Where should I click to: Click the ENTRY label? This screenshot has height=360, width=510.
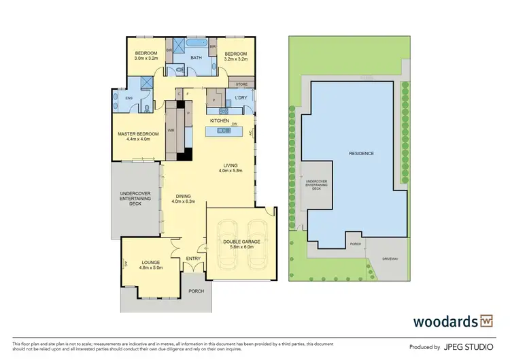(x=193, y=258)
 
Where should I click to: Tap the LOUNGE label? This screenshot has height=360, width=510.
(x=150, y=262)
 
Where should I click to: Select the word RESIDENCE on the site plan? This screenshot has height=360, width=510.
(x=361, y=154)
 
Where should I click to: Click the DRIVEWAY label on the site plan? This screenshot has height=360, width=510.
(x=389, y=258)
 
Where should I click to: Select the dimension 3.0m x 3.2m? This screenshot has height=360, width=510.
(x=146, y=59)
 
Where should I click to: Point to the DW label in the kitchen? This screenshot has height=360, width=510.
(x=233, y=124)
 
